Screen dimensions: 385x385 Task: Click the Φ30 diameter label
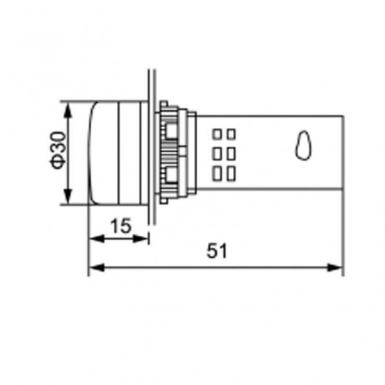point(60,153)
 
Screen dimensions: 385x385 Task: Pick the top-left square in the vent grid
point(217,135)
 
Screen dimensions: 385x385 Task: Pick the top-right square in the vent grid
point(230,135)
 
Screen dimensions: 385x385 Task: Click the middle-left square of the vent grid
point(217,154)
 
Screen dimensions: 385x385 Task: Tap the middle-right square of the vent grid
point(230,154)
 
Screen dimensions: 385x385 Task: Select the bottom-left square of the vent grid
point(217,173)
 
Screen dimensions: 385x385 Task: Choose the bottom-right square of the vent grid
point(230,173)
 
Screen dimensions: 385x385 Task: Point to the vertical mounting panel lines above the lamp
point(152,84)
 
